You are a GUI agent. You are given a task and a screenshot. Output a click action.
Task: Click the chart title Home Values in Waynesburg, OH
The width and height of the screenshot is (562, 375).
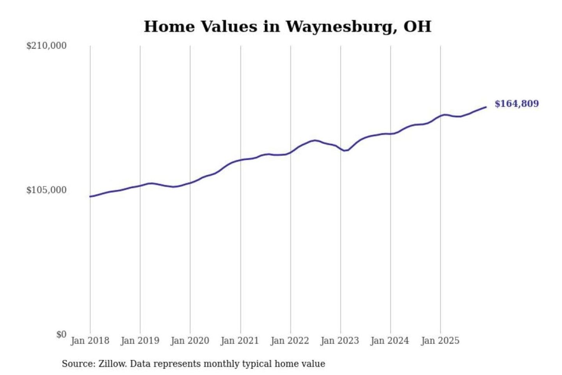288,27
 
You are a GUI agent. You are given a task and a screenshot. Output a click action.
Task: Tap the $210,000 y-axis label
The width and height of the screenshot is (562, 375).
46,46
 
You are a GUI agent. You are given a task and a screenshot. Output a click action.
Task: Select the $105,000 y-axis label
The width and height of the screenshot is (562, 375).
46,190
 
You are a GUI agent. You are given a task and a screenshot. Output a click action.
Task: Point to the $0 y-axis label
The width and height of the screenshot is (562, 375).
61,334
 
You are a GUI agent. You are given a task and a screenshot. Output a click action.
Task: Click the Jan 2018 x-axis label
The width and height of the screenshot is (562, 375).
90,341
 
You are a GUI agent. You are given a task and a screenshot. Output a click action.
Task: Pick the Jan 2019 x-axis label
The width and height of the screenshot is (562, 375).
140,341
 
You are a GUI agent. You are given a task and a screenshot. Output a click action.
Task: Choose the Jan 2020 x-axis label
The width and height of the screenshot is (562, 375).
190,341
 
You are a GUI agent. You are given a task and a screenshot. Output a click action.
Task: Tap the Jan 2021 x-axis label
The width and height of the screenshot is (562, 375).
240,341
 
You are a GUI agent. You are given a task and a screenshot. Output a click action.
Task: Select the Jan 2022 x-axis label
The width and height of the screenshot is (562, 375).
290,341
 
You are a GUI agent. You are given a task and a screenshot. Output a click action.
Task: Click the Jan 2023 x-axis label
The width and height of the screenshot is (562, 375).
340,341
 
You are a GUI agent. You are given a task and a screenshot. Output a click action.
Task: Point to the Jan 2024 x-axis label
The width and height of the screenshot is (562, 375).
389,341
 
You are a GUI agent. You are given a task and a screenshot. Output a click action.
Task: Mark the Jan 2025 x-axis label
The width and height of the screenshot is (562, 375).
440,341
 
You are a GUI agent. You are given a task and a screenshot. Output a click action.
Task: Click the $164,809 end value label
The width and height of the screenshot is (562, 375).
516,104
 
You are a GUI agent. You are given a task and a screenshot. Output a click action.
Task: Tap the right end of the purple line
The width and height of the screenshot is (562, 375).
486,107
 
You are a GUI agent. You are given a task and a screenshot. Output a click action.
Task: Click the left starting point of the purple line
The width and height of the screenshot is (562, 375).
90,196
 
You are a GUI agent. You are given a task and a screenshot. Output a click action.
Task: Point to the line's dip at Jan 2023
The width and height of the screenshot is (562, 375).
344,150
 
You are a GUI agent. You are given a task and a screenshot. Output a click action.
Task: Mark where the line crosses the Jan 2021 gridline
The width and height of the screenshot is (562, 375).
240,160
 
